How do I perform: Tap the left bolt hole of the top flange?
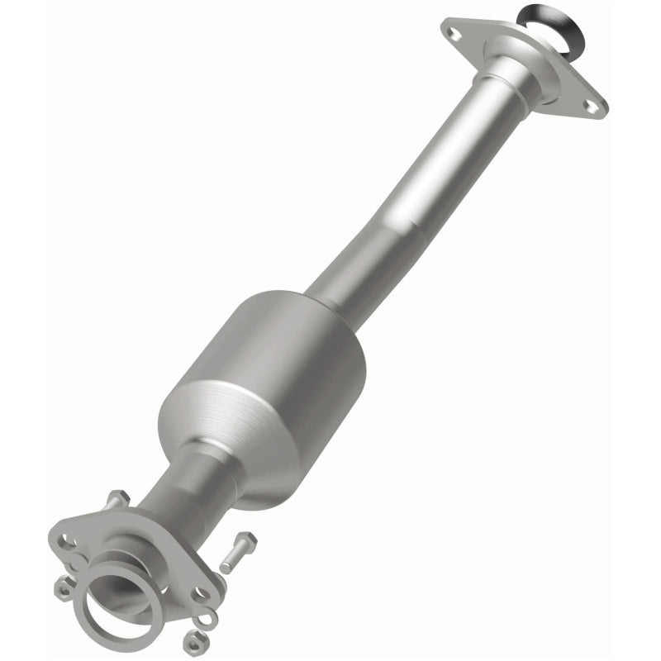451,32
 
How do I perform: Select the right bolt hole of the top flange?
588,104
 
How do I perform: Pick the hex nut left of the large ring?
63,587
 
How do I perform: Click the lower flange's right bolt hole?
198,593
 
